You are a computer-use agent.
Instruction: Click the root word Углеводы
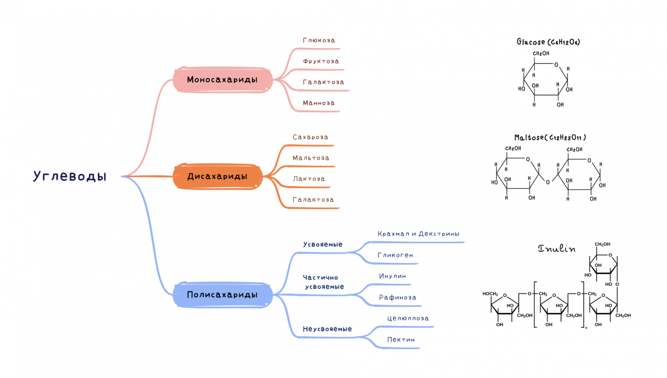[70, 176]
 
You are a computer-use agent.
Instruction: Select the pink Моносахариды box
[222, 80]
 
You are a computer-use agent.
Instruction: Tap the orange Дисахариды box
[217, 176]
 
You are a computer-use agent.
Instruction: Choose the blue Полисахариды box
[222, 295]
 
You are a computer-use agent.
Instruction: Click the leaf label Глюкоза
[319, 40]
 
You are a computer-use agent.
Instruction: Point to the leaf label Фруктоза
[321, 61]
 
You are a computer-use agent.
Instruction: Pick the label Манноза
[319, 103]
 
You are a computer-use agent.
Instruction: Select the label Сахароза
[310, 137]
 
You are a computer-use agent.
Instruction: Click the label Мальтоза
[311, 158]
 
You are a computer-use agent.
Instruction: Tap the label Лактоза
[309, 179]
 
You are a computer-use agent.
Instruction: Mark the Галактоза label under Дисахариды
[313, 199]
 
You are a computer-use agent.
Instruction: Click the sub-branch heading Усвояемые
[323, 244]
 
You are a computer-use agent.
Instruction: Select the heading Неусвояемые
[327, 329]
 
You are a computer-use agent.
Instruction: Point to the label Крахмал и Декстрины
[418, 234]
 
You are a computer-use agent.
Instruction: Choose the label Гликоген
[395, 255]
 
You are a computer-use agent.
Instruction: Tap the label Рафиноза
[397, 298]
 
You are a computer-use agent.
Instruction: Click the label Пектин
[401, 339]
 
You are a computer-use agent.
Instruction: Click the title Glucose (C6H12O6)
[548, 42]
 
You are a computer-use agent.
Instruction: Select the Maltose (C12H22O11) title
[550, 137]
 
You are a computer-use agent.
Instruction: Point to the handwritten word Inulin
[556, 248]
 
